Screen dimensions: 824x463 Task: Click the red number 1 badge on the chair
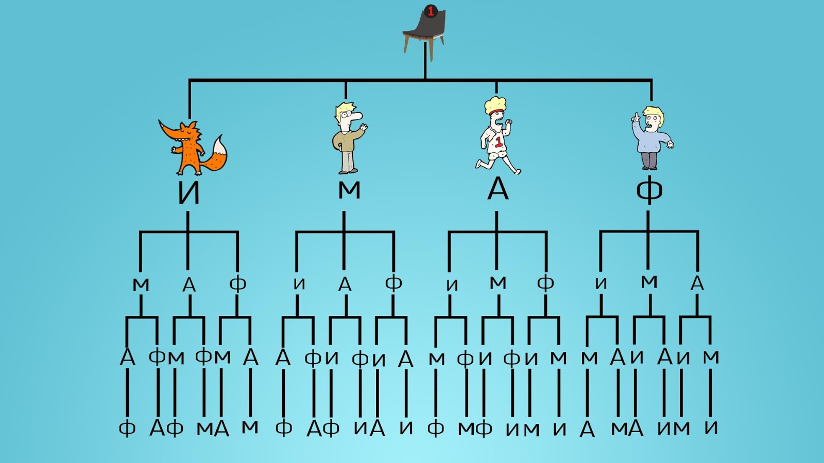click(431, 11)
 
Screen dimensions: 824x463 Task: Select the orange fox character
click(193, 147)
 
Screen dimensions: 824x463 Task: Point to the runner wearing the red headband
click(497, 136)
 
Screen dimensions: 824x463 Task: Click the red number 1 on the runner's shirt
click(499, 142)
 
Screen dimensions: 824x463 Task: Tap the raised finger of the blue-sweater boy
click(634, 117)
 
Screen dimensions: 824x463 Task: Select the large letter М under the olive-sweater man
click(349, 190)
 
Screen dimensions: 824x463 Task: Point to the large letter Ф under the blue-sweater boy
click(649, 190)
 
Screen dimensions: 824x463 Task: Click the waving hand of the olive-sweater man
click(364, 127)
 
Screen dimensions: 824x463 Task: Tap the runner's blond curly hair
click(495, 104)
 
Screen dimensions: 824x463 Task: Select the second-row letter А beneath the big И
click(189, 285)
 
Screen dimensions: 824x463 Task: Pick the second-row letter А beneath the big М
click(345, 284)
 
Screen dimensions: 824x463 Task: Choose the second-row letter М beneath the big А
click(498, 282)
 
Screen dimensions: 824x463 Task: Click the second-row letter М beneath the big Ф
click(649, 281)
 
